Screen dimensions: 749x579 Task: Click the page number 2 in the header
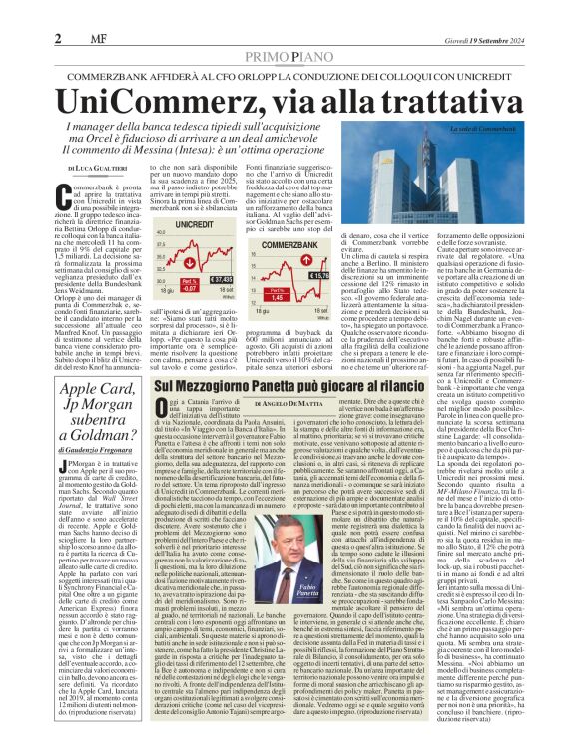58,11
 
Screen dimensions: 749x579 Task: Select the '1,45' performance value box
325,297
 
